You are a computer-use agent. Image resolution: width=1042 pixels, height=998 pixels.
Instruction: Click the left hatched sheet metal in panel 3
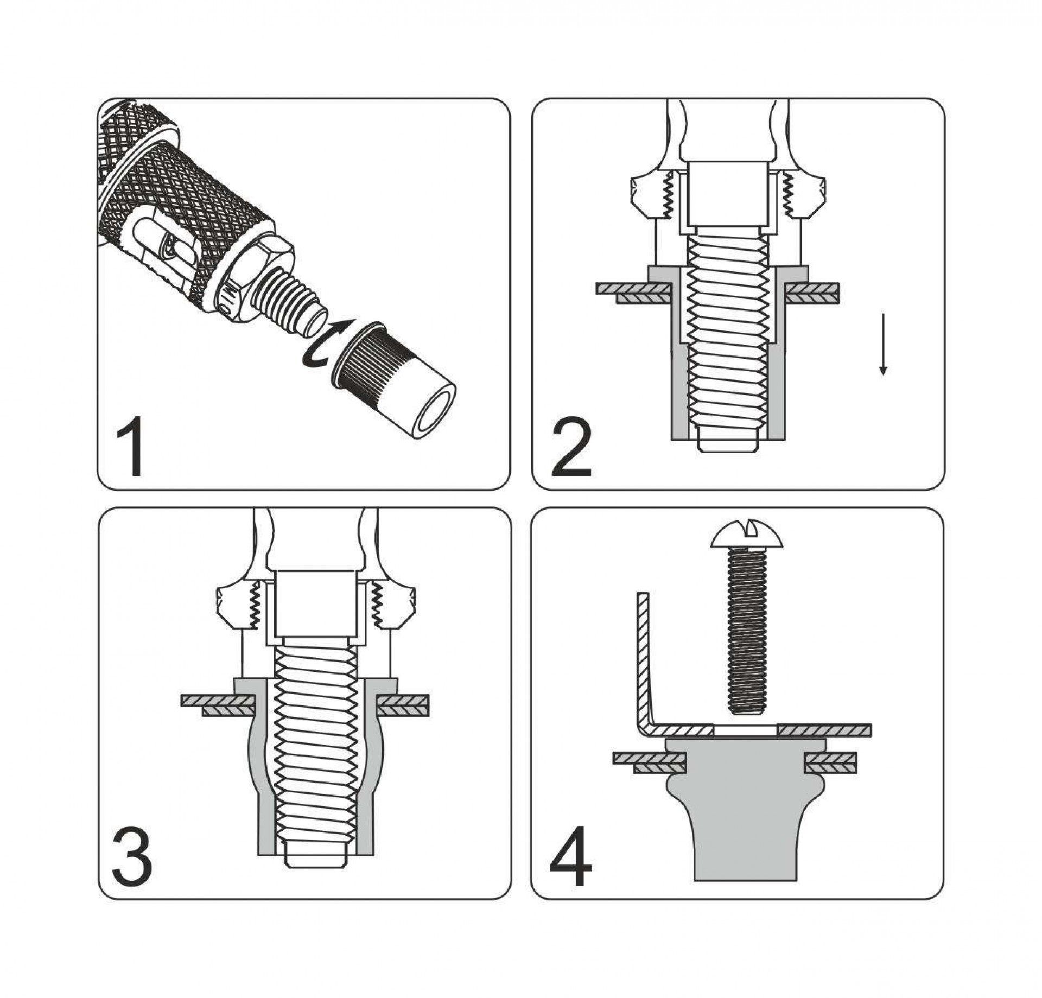[x=217, y=704]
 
